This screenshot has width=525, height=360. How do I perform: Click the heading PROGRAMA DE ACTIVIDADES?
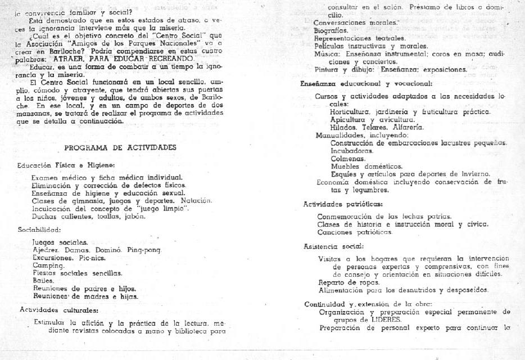(x=120, y=147)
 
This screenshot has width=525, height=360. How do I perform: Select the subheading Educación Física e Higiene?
(x=66, y=165)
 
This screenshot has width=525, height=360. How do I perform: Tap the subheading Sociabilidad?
(x=39, y=229)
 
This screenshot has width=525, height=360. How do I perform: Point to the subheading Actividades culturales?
(x=59, y=309)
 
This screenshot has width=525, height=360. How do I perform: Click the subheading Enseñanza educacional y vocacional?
(x=366, y=83)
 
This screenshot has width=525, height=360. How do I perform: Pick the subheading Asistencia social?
(x=333, y=246)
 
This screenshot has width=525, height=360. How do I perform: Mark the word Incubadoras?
(x=351, y=151)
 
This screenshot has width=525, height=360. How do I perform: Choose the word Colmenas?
(x=345, y=159)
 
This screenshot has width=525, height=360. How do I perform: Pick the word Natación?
(x=196, y=200)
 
